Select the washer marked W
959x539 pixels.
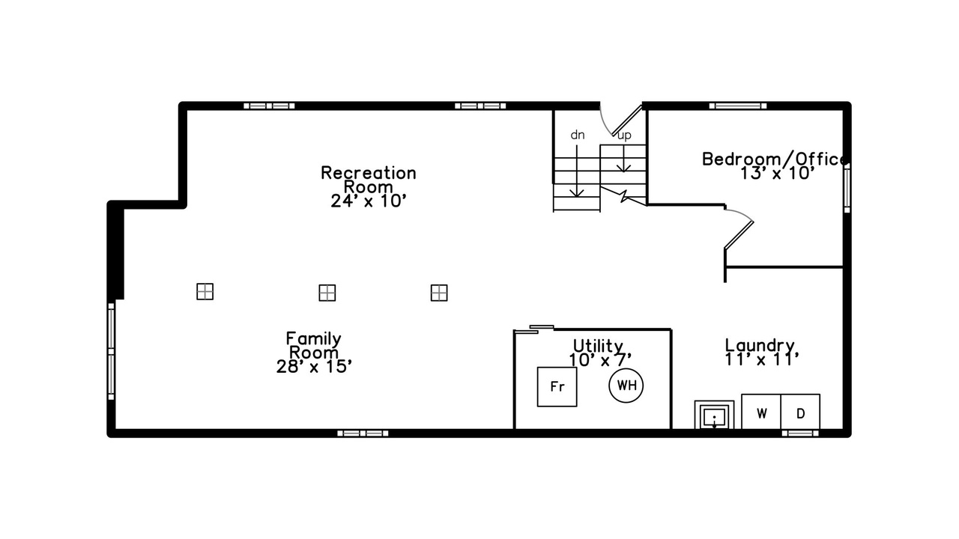[761, 412]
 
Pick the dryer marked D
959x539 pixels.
[801, 412]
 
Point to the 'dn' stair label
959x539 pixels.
[578, 135]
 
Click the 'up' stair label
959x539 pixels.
[624, 136]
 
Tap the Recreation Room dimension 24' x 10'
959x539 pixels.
[368, 201]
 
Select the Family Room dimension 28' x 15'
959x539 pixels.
[314, 367]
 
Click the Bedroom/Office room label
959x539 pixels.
[775, 159]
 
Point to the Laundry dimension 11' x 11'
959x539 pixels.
[762, 359]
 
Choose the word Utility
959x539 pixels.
[598, 346]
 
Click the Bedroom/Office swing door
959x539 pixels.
[739, 234]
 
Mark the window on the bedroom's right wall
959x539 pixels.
[847, 187]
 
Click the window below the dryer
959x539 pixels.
[800, 433]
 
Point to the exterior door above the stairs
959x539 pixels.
[627, 121]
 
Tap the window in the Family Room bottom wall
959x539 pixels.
[363, 433]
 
